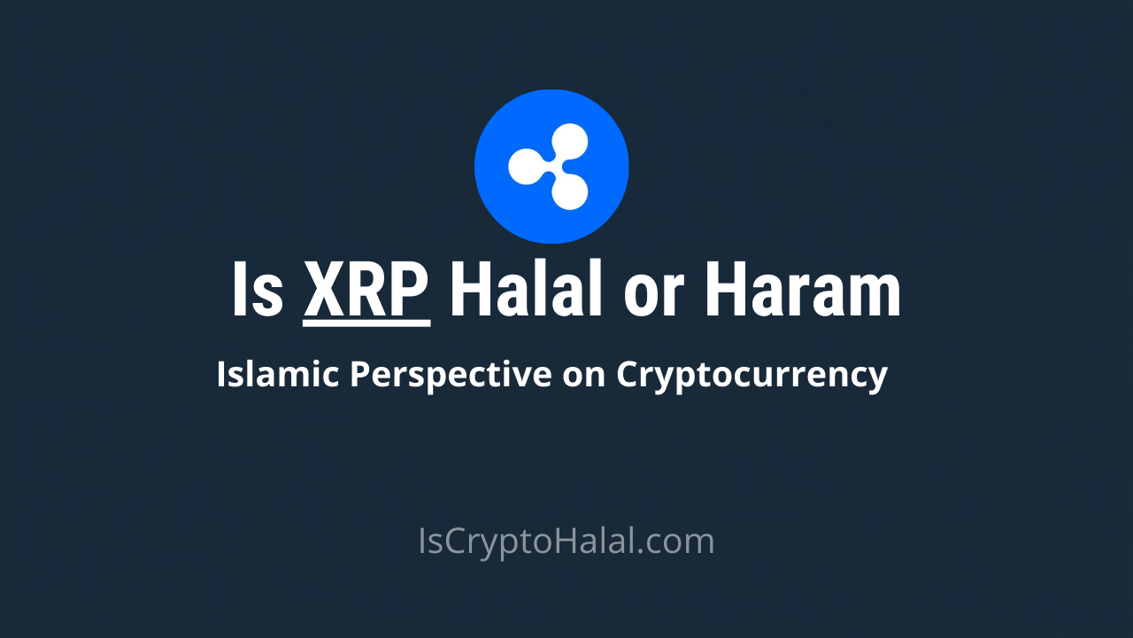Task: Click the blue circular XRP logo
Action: [x=551, y=166]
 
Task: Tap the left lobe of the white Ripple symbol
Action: [x=523, y=165]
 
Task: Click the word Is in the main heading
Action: [x=257, y=289]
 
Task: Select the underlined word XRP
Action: [x=366, y=289]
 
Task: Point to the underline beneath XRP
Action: [x=366, y=323]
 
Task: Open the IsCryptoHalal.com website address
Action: [x=566, y=541]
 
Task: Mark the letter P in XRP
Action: [x=410, y=289]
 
